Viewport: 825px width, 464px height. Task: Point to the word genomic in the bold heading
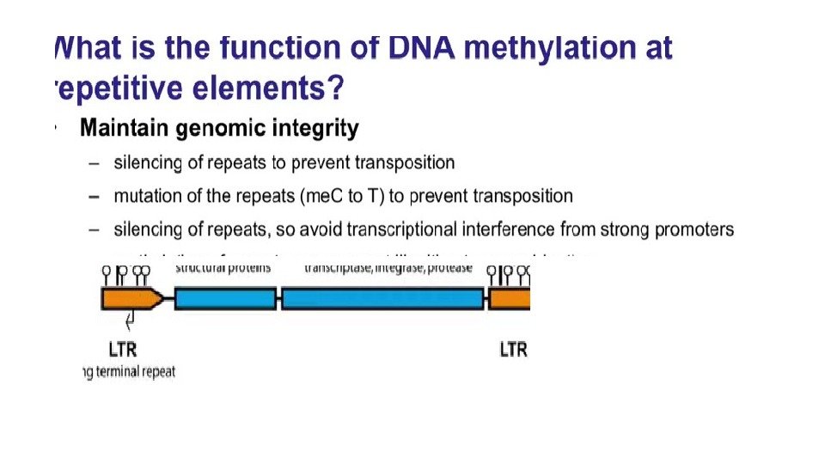pyautogui.click(x=221, y=129)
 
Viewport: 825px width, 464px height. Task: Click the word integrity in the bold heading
pyautogui.click(x=315, y=129)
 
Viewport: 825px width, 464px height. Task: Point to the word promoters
pyautogui.click(x=694, y=229)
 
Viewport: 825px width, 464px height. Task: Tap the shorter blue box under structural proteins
pyautogui.click(x=225, y=298)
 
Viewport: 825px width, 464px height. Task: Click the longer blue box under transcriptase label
pyautogui.click(x=382, y=298)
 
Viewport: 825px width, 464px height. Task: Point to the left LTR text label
pyautogui.click(x=122, y=350)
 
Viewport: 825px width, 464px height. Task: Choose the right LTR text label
pyautogui.click(x=513, y=350)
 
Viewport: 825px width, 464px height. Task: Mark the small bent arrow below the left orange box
pyautogui.click(x=131, y=321)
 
